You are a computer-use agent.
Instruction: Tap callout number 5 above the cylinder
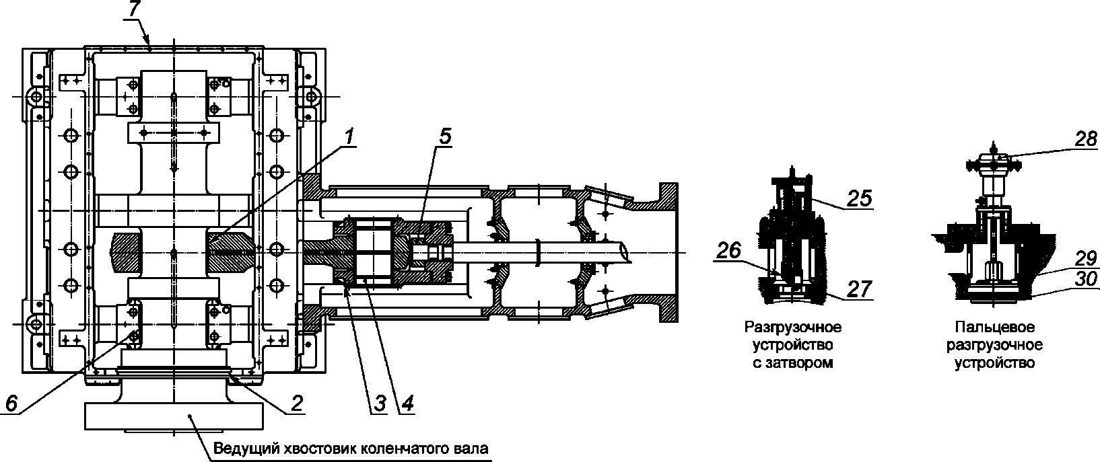coord(444,137)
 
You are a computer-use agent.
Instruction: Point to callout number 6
coord(11,403)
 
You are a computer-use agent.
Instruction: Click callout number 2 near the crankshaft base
coord(297,403)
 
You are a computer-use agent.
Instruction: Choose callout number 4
coord(407,403)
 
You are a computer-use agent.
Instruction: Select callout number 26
coord(729,252)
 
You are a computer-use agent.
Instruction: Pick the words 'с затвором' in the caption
coord(793,363)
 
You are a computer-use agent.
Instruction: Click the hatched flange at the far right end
coord(668,253)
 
